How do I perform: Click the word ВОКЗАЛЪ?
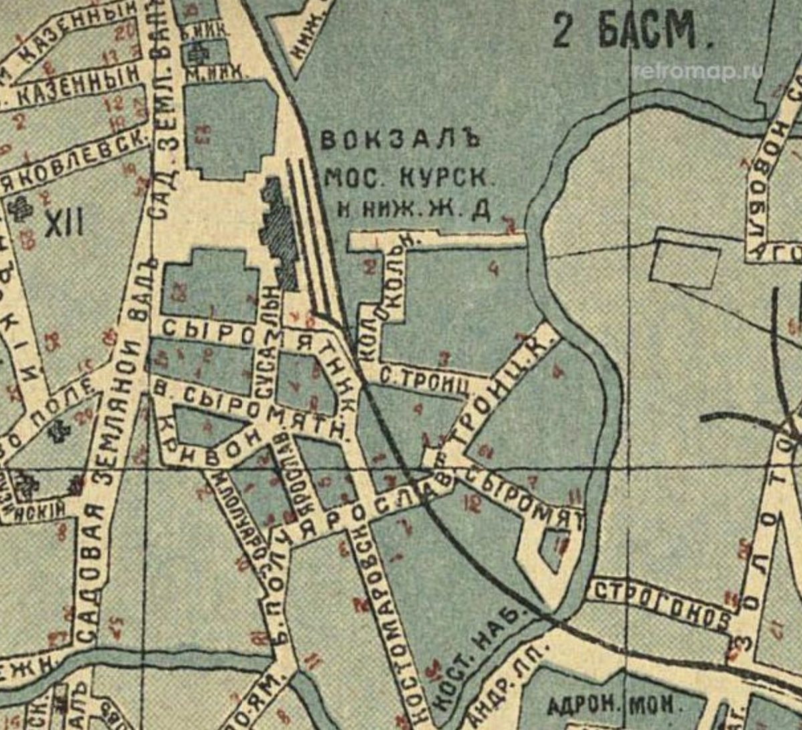coord(400,141)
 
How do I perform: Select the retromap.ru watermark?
coord(698,71)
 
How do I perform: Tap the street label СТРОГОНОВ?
coord(662,605)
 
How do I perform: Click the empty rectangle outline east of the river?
coord(686,258)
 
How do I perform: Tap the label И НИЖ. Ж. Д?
coord(414,210)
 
